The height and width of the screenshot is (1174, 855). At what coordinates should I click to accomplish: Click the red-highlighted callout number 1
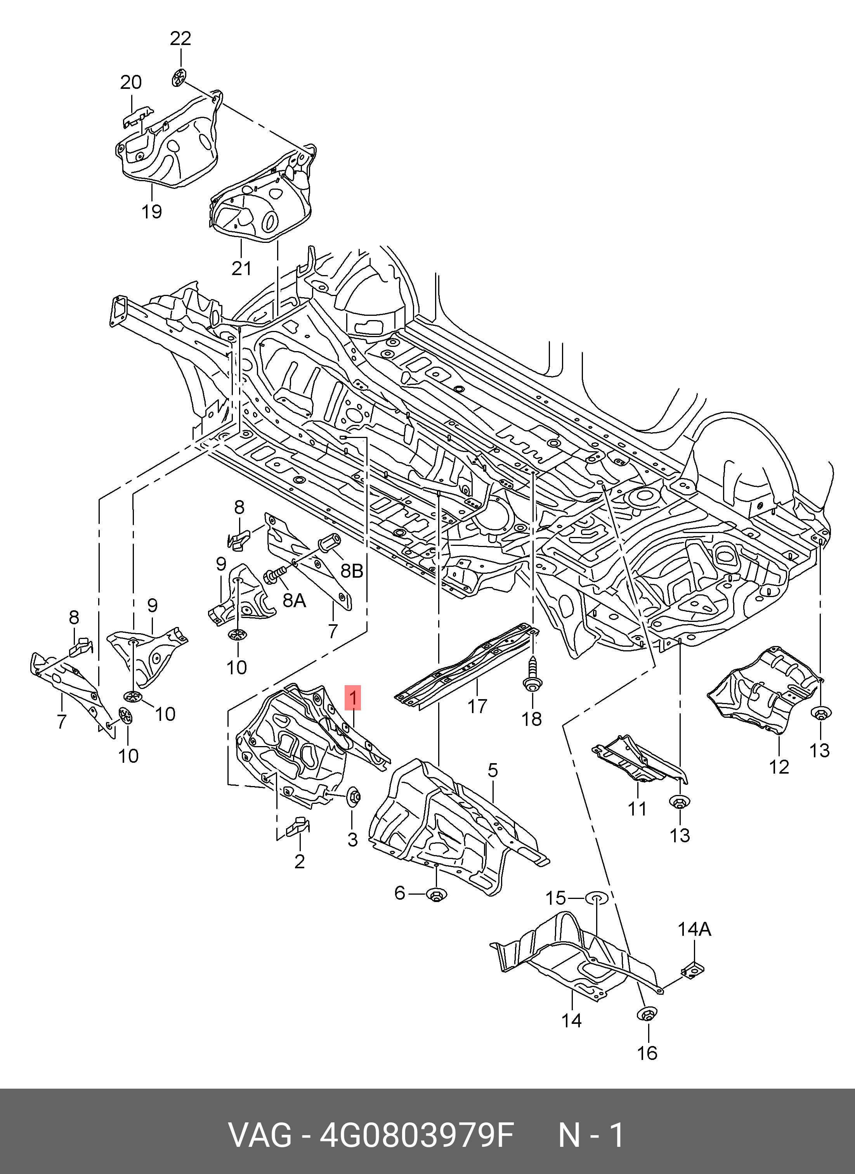pyautogui.click(x=353, y=698)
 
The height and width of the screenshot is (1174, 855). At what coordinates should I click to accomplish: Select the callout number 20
pyautogui.click(x=131, y=82)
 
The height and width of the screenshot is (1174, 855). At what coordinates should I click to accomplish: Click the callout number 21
pyautogui.click(x=241, y=268)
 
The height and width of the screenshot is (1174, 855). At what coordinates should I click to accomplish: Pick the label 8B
pyautogui.click(x=352, y=570)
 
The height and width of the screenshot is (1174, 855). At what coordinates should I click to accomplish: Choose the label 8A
pyautogui.click(x=294, y=601)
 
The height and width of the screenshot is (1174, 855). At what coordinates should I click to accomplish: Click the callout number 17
pyautogui.click(x=477, y=706)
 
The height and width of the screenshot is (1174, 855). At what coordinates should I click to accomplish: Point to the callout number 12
pyautogui.click(x=779, y=767)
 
